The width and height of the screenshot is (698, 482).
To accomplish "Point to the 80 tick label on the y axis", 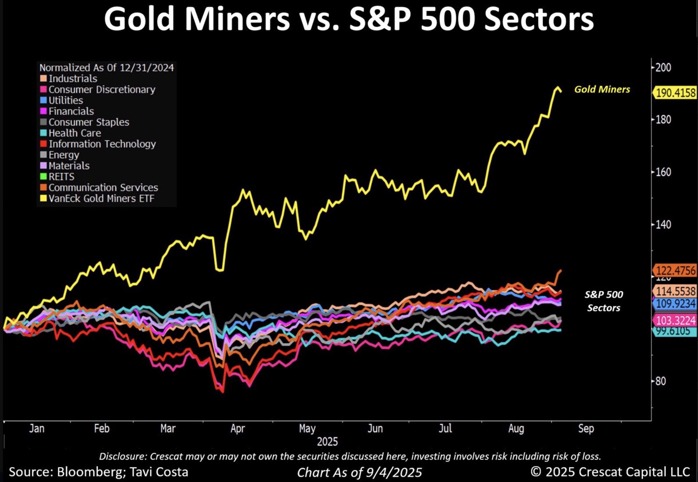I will point(661,381).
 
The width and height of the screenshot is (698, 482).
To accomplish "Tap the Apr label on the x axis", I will point(238,429).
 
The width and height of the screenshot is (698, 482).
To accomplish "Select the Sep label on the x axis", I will point(586,429).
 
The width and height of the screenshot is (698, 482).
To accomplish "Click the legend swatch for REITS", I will point(43,176).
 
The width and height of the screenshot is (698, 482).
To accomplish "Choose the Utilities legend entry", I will point(66,100).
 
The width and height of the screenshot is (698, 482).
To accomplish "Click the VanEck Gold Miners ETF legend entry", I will point(101,198).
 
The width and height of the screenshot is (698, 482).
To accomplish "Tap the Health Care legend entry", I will point(75,133).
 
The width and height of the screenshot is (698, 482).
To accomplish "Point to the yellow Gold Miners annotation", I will point(602,89).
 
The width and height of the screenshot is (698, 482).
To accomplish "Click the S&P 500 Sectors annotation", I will point(603,301).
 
